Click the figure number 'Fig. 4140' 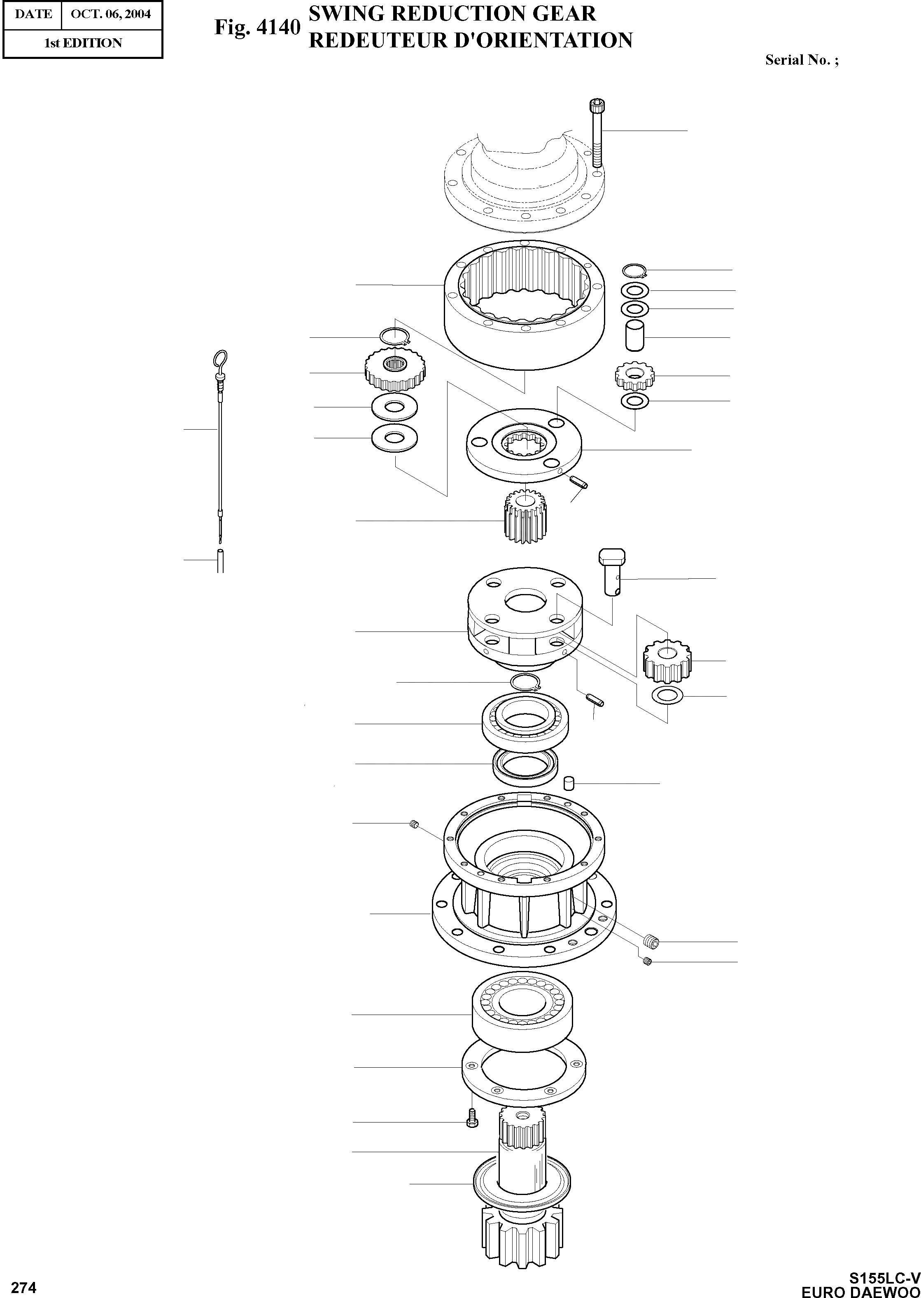257,27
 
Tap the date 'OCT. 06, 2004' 111,14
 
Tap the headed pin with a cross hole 612,571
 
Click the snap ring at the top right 634,271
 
